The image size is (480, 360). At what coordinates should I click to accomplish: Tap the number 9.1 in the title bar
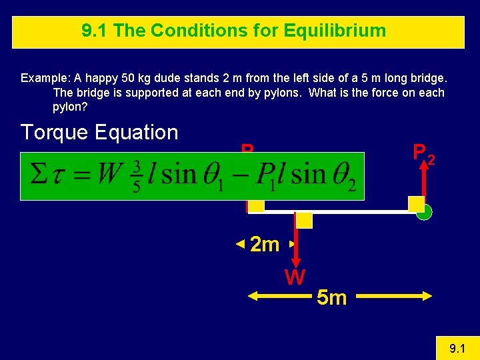point(93,31)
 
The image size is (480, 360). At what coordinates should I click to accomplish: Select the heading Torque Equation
point(99,132)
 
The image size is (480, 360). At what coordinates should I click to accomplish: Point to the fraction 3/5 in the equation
point(137,177)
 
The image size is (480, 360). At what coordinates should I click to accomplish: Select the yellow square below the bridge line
point(304,221)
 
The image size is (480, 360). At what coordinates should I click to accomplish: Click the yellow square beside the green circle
point(416,204)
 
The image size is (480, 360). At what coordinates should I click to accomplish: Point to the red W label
point(295,276)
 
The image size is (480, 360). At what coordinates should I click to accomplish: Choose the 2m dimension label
point(265,245)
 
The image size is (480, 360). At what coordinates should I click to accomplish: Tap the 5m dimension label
point(332,297)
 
